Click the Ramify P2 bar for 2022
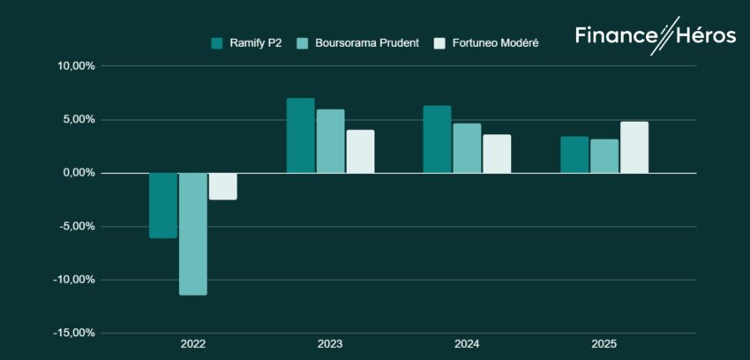click(x=163, y=206)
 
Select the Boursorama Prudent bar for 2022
click(x=193, y=234)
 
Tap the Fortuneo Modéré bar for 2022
click(x=223, y=186)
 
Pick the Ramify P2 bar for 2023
click(x=300, y=136)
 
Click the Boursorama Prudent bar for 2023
click(x=330, y=141)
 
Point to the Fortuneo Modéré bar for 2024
click(x=497, y=154)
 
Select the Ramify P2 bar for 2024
click(x=437, y=139)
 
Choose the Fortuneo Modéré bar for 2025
click(x=634, y=147)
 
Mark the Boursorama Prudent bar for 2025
click(x=604, y=156)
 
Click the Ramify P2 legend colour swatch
click(x=216, y=42)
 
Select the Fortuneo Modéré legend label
click(x=497, y=42)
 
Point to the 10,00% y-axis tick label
click(x=76, y=66)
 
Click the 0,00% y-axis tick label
click(x=79, y=173)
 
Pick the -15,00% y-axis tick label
click(x=74, y=334)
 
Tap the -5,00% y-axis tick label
click(x=77, y=227)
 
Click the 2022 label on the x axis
click(x=193, y=344)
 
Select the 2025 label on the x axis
click(x=604, y=344)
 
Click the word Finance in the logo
click(x=616, y=35)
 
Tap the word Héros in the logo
click(x=707, y=35)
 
